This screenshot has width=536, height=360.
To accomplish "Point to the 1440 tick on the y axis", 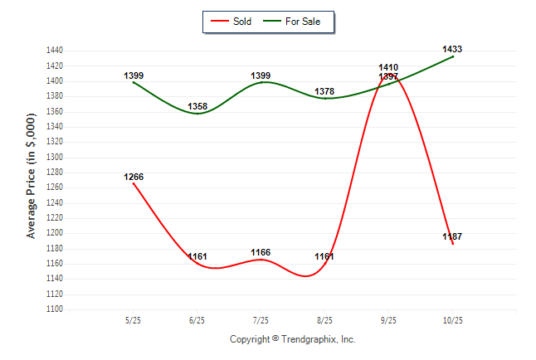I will [55, 51].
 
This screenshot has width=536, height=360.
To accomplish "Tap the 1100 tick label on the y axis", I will [55, 309].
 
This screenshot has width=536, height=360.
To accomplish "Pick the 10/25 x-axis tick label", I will [452, 320].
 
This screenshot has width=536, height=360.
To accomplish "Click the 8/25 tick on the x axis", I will [324, 320].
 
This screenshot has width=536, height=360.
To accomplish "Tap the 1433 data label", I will [452, 50].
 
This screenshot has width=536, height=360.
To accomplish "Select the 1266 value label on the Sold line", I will [134, 177].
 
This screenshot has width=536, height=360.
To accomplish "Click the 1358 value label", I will [197, 107].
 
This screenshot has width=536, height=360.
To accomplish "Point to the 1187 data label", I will [452, 237].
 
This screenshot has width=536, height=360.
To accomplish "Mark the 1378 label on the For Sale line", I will [324, 91].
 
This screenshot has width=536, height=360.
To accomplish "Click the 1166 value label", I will [261, 252].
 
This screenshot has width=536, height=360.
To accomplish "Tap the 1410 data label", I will [388, 67].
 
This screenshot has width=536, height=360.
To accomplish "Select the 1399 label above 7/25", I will [261, 76].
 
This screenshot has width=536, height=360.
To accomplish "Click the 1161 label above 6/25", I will [197, 256].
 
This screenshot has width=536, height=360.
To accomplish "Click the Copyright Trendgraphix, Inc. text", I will [292, 339].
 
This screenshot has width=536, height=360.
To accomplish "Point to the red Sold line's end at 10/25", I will [453, 244].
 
